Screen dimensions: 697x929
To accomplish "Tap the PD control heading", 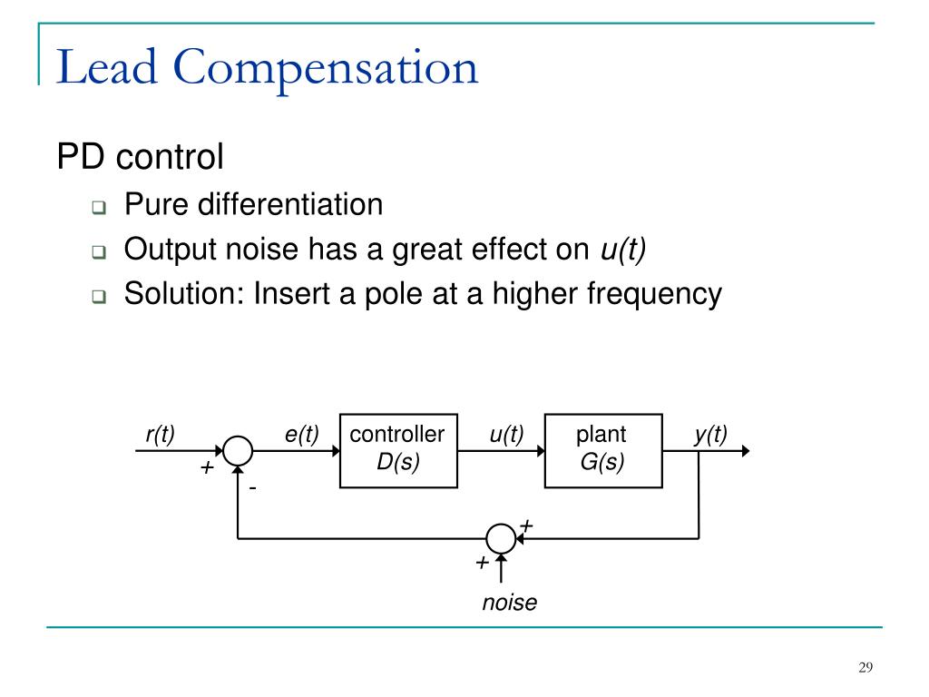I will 140,157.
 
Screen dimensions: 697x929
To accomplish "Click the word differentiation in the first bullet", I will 298,204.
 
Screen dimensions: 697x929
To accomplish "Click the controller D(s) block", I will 397,450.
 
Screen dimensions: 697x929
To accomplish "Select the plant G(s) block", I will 601,450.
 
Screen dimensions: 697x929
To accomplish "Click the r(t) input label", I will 160,435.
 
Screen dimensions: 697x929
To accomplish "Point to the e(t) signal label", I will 301,435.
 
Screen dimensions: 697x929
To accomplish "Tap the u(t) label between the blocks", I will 506,435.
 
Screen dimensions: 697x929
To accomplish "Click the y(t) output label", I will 710,435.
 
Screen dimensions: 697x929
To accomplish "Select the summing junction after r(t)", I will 238,450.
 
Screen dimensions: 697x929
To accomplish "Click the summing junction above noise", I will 500,539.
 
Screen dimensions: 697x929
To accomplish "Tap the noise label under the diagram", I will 509,602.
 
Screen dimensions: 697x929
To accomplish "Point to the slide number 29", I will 865,668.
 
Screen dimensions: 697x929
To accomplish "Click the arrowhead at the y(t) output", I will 745,450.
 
